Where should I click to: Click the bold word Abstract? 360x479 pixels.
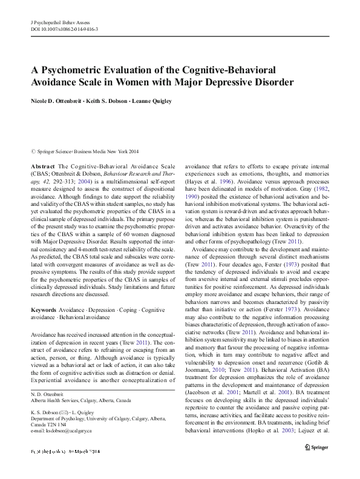43,165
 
